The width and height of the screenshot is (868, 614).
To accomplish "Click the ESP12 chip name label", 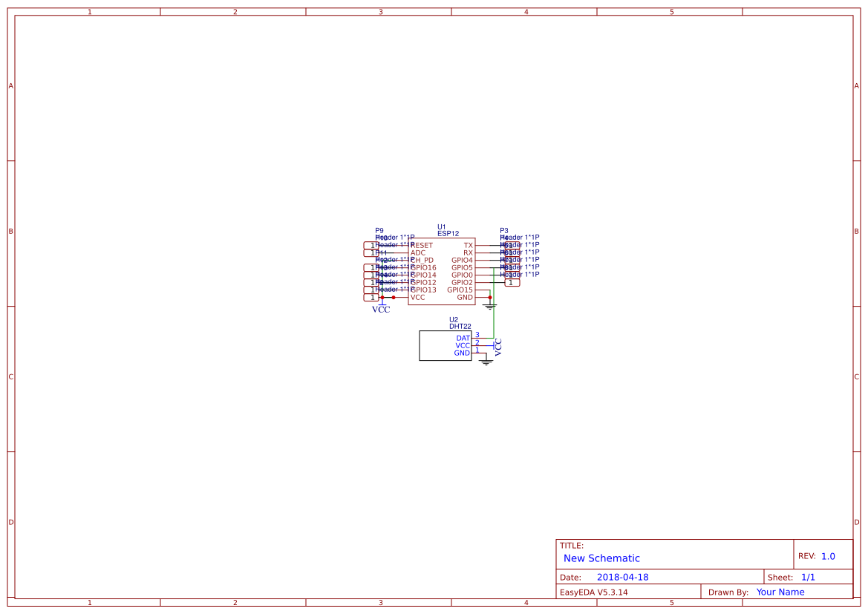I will pyautogui.click(x=448, y=233).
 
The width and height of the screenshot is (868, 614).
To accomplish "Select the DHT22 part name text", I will pyautogui.click(x=460, y=326).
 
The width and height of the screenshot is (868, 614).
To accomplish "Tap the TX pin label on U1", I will pyautogui.click(x=468, y=245).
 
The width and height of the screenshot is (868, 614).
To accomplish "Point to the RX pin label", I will pyautogui.click(x=468, y=252).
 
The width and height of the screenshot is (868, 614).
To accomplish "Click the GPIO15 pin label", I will pyautogui.click(x=460, y=290).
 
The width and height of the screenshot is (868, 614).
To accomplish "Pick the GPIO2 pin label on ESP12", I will pyautogui.click(x=462, y=282).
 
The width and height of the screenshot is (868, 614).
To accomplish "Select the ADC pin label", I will pyautogui.click(x=418, y=252).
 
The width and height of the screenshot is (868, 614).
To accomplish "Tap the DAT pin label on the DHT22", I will pyautogui.click(x=463, y=338).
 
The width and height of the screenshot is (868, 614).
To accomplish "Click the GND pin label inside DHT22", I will pyautogui.click(x=462, y=353).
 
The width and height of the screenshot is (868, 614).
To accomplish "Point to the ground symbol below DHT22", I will pyautogui.click(x=486, y=362).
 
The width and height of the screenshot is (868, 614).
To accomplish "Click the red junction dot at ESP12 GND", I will pyautogui.click(x=490, y=297).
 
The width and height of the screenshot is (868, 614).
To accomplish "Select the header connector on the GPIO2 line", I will pyautogui.click(x=512, y=282).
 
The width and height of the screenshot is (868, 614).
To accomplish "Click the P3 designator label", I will pyautogui.click(x=504, y=231).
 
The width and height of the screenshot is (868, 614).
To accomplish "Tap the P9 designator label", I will pyautogui.click(x=379, y=231).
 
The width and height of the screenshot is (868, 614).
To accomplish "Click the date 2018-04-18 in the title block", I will pyautogui.click(x=622, y=577).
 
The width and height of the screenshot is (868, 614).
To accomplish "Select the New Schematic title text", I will pyautogui.click(x=601, y=558).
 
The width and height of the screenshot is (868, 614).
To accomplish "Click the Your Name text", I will pyautogui.click(x=780, y=592).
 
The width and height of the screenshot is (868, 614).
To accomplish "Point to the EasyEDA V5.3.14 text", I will pyautogui.click(x=593, y=592).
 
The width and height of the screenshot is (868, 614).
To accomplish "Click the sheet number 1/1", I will pyautogui.click(x=808, y=577).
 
